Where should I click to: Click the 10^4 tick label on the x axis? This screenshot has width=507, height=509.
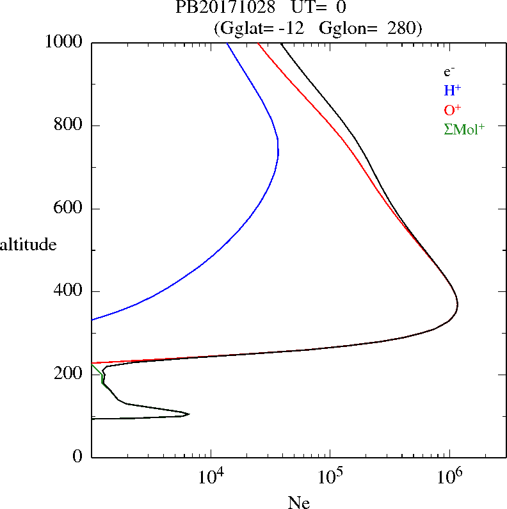click(211, 477)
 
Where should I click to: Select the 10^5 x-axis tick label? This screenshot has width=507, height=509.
click(330, 477)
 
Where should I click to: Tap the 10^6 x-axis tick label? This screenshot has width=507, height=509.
click(449, 477)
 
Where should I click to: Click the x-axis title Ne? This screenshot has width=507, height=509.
click(298, 503)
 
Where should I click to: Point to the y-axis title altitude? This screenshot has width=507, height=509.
click(29, 245)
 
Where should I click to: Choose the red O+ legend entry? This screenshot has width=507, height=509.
click(452, 109)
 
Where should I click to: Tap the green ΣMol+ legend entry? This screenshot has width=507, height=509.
click(464, 129)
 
